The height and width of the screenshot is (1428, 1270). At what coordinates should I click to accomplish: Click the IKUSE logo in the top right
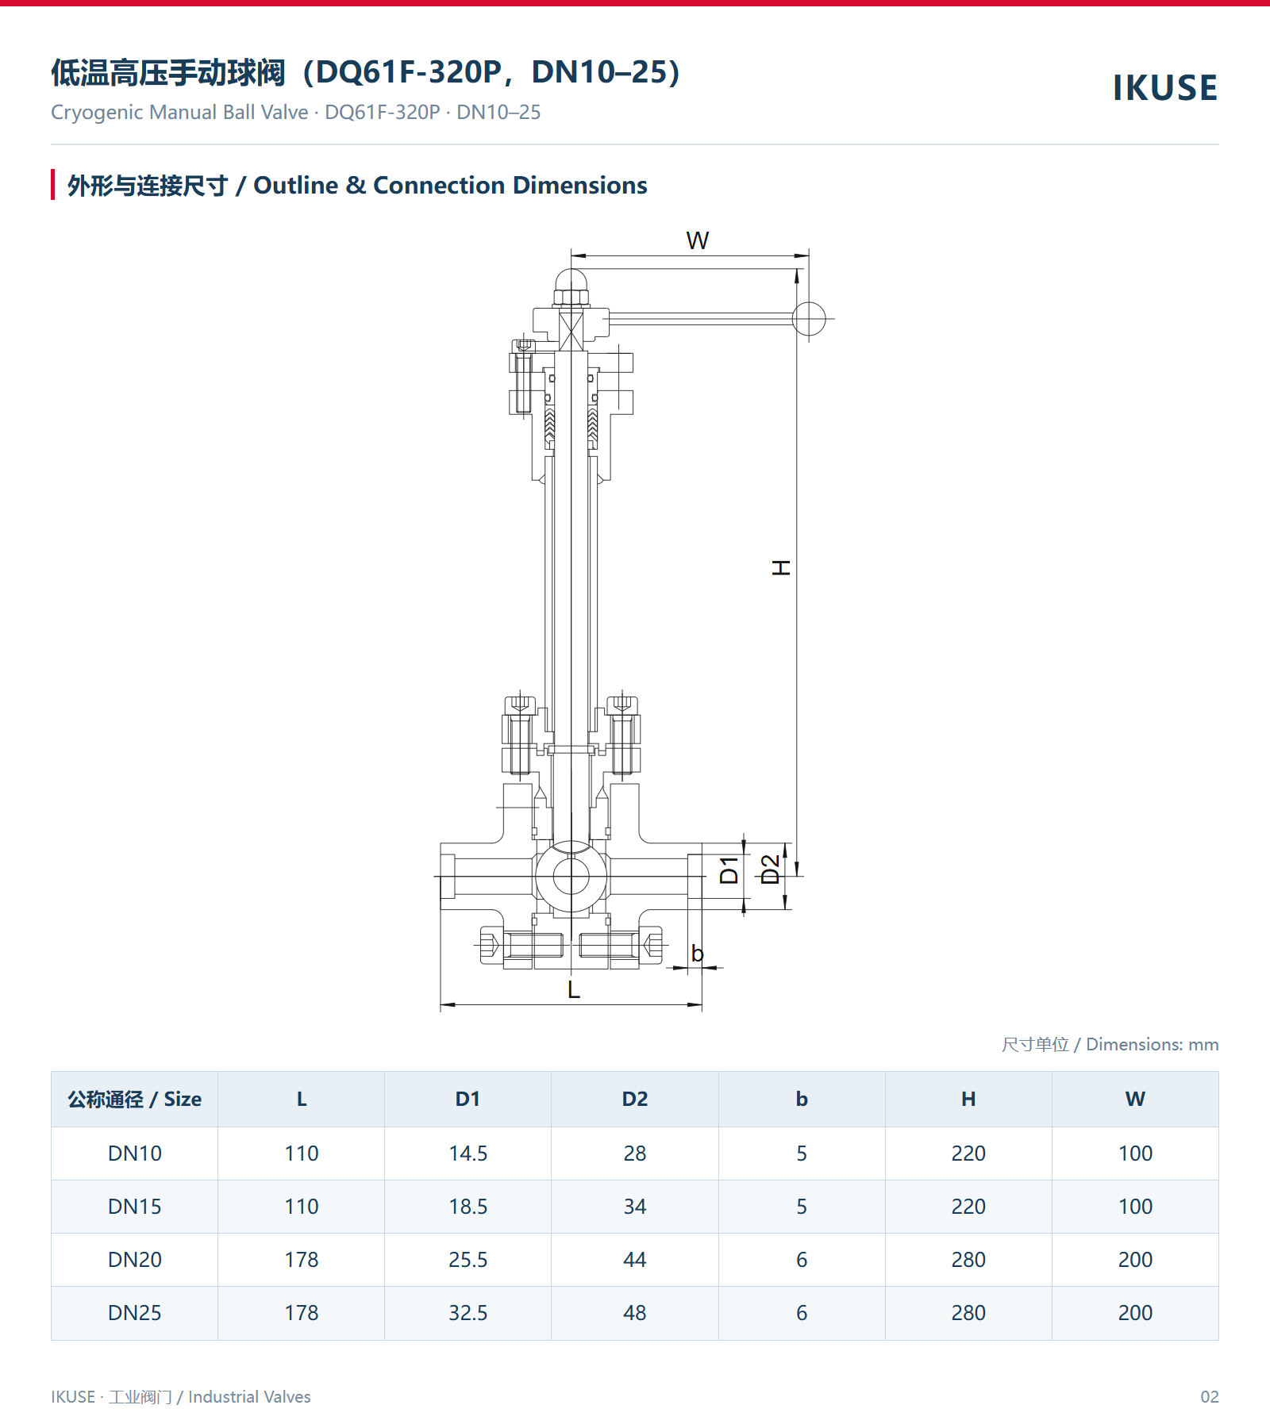pos(1164,87)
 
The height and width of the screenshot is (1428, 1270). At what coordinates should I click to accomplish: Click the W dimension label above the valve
pos(697,240)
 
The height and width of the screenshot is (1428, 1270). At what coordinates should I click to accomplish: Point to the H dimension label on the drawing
pos(781,567)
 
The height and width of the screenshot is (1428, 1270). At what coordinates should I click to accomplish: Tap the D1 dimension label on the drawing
pos(729,870)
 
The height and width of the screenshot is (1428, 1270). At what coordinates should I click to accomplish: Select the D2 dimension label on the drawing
pos(770,869)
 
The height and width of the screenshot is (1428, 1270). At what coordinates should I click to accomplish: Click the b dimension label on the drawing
pos(697,953)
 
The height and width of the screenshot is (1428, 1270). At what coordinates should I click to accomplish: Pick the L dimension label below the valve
pos(574,989)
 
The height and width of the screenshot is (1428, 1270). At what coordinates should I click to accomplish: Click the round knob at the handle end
pos(809,319)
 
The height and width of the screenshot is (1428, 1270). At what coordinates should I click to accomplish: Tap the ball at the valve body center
pos(571,877)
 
